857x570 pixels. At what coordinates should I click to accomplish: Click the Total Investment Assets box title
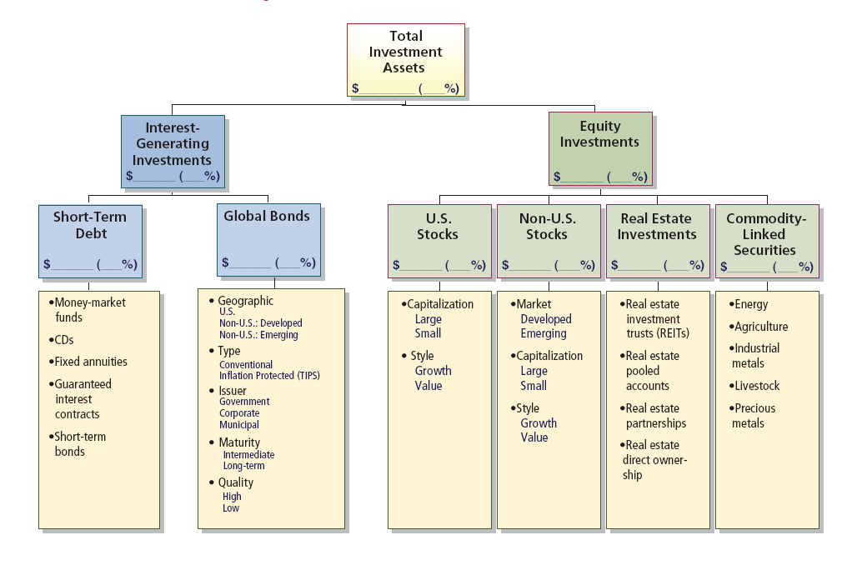tap(406, 52)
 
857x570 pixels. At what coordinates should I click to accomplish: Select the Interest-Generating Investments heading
tap(173, 143)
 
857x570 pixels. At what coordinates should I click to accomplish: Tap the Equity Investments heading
tap(600, 133)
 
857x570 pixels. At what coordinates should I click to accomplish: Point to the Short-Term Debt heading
tap(90, 225)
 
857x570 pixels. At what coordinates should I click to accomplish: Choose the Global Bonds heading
tap(267, 216)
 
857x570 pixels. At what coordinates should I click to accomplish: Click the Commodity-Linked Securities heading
tap(765, 234)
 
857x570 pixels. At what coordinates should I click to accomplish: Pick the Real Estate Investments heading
tap(657, 227)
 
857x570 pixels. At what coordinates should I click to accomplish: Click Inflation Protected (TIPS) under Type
tap(269, 376)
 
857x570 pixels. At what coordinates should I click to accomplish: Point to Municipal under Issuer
tap(239, 425)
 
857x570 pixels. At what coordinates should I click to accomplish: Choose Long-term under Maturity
tap(243, 466)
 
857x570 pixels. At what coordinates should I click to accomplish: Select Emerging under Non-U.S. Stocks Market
tap(544, 333)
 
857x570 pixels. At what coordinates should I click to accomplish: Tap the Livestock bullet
tap(756, 386)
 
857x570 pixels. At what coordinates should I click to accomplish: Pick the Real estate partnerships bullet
tap(655, 416)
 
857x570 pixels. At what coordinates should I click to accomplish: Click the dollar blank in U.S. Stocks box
tap(420, 267)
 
